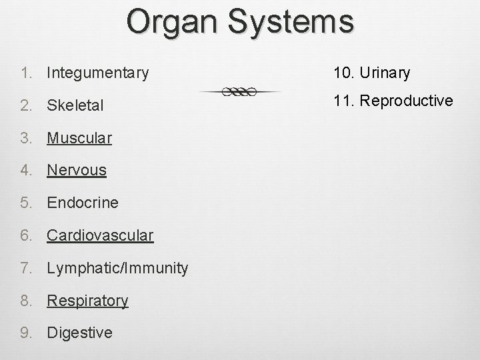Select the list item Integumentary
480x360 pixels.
click(x=98, y=73)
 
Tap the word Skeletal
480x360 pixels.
click(x=75, y=106)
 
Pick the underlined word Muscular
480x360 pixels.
click(x=79, y=138)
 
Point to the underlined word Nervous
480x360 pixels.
click(x=77, y=170)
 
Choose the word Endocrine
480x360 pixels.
click(x=83, y=202)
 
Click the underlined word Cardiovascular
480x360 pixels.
click(x=100, y=235)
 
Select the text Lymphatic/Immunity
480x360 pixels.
click(x=117, y=268)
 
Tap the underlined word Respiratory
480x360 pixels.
click(x=87, y=301)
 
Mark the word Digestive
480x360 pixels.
click(x=79, y=333)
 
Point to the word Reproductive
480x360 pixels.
click(x=406, y=101)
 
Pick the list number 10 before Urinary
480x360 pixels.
click(x=341, y=73)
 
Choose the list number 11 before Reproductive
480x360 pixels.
click(x=341, y=101)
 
